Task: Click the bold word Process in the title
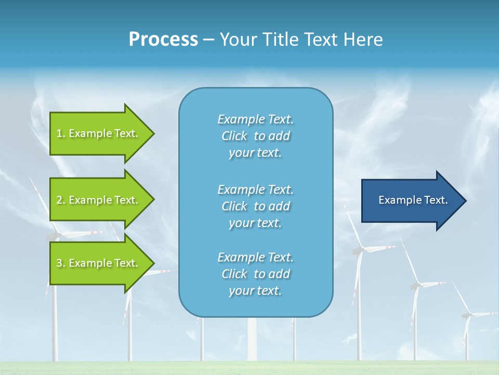pyautogui.click(x=163, y=40)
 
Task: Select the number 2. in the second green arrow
pyautogui.click(x=61, y=200)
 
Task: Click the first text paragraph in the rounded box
pyautogui.click(x=255, y=136)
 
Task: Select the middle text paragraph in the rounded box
pyautogui.click(x=255, y=206)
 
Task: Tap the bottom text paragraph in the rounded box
pyautogui.click(x=255, y=274)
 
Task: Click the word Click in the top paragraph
pyautogui.click(x=234, y=136)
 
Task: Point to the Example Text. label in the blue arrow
pyautogui.click(x=413, y=200)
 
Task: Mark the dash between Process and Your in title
pyautogui.click(x=208, y=40)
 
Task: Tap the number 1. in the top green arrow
pyautogui.click(x=61, y=133)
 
